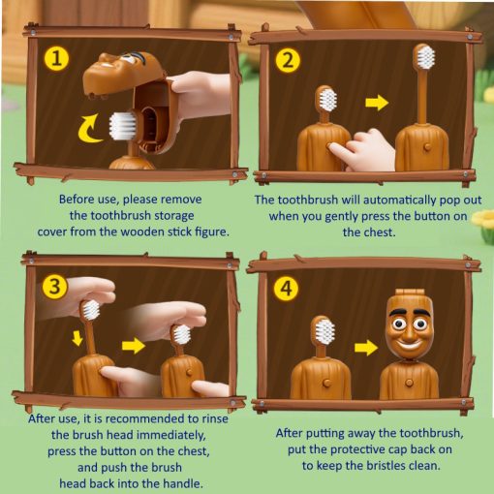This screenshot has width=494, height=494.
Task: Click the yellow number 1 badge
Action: point(56,59)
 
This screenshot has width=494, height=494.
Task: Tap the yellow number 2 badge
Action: point(288,61)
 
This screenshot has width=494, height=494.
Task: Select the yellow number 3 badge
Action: point(55,287)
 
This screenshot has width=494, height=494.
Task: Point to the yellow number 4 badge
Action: point(287,289)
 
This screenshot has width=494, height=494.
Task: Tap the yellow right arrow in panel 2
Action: point(377,103)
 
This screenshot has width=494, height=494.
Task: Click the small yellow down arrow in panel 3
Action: point(77,338)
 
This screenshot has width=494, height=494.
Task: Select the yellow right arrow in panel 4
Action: point(366,348)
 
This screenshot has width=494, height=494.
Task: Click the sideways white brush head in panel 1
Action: point(122,126)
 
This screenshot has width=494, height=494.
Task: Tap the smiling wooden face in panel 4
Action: point(408,326)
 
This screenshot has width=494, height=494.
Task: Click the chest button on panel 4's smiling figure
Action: point(409,383)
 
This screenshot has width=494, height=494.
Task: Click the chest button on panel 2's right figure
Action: point(426,147)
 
